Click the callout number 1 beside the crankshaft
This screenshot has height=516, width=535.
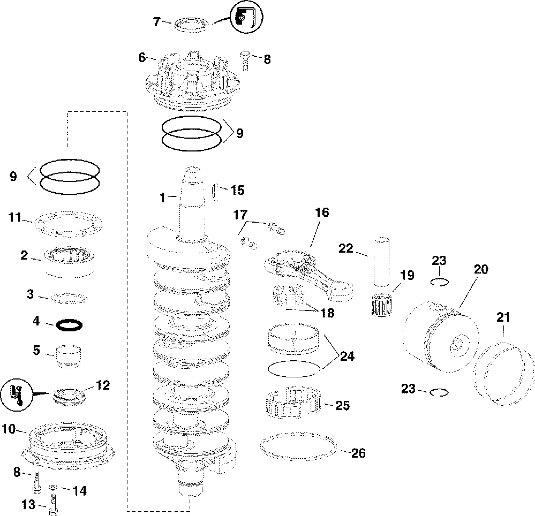click(x=162, y=198)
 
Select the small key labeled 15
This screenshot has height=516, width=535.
click(x=217, y=190)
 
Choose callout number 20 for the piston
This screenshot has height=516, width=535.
click(x=480, y=270)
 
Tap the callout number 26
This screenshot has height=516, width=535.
click(x=358, y=453)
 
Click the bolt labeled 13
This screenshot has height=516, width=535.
click(x=53, y=503)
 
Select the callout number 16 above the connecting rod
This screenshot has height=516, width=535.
click(x=322, y=213)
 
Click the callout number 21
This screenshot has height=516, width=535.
click(x=503, y=317)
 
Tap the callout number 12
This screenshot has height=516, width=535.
click(x=102, y=385)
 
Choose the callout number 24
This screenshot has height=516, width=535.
click(x=346, y=356)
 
